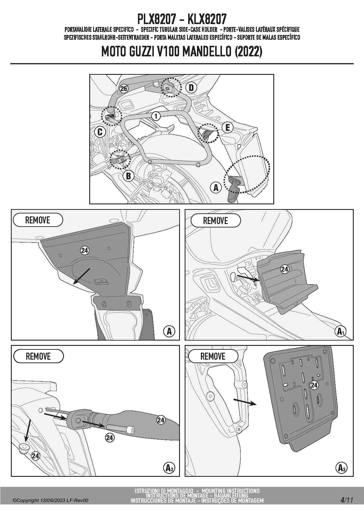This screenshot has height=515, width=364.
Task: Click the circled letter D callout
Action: click(x=191, y=87)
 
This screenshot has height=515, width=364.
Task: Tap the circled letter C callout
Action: click(x=100, y=132)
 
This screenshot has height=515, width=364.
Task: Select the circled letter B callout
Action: click(x=128, y=176)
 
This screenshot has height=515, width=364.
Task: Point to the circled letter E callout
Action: click(x=227, y=128)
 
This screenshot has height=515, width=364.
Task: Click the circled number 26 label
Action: click(x=124, y=88)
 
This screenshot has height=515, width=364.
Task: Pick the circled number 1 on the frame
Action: click(x=156, y=116)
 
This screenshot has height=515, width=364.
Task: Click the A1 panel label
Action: click(x=341, y=331)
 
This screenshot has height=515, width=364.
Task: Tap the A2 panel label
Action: click(x=168, y=468)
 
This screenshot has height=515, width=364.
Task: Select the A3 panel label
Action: click(x=341, y=468)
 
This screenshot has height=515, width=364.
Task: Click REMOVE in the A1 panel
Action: click(x=215, y=221)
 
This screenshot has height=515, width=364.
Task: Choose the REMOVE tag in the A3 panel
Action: click(x=213, y=356)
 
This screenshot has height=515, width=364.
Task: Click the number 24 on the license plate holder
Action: click(x=314, y=385)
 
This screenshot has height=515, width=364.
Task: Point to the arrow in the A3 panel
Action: click(x=245, y=402)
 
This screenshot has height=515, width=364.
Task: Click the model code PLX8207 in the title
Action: click(x=156, y=19)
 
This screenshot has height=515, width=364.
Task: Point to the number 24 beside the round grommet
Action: click(x=36, y=456)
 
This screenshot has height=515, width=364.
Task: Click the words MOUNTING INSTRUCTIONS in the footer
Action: click(x=231, y=491)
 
